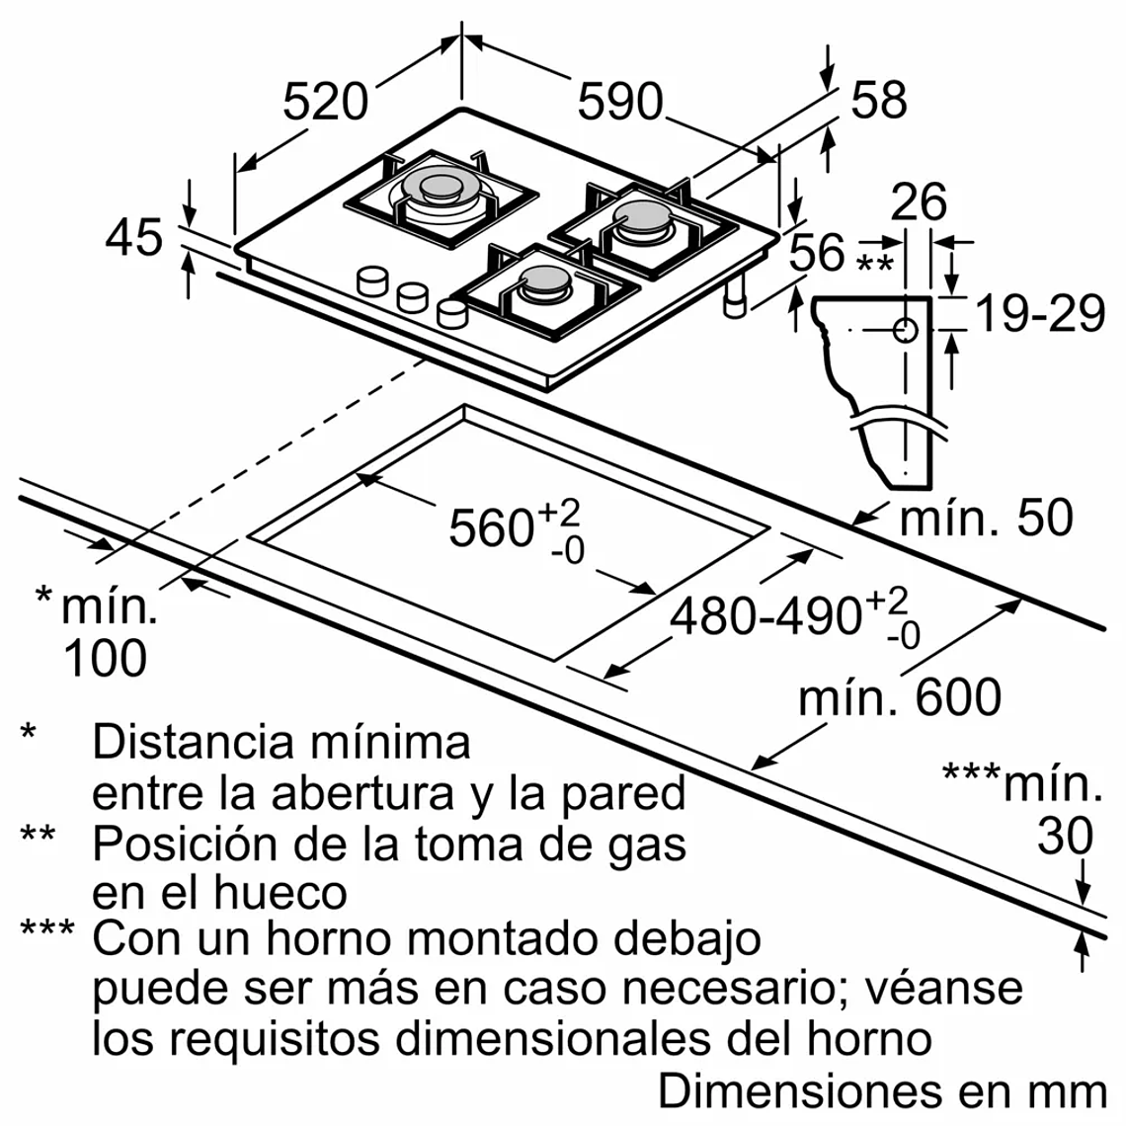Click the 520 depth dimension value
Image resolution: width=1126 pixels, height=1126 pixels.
(325, 102)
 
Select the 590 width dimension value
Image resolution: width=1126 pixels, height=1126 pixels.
(619, 102)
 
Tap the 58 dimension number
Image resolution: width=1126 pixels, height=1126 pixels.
(878, 100)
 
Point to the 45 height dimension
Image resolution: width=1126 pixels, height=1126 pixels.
(134, 238)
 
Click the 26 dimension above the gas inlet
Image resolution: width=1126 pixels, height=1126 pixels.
(918, 201)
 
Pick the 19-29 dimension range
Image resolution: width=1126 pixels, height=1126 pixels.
(1039, 314)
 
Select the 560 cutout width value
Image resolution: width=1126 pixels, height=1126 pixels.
(491, 527)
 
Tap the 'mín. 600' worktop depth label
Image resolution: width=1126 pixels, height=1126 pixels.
(899, 697)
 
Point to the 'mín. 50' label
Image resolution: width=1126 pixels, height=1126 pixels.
(986, 518)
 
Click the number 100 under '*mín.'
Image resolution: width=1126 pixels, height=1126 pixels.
(105, 658)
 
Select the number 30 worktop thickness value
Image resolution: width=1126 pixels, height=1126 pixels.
(1065, 836)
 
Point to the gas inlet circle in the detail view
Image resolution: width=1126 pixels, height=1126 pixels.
(906, 330)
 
